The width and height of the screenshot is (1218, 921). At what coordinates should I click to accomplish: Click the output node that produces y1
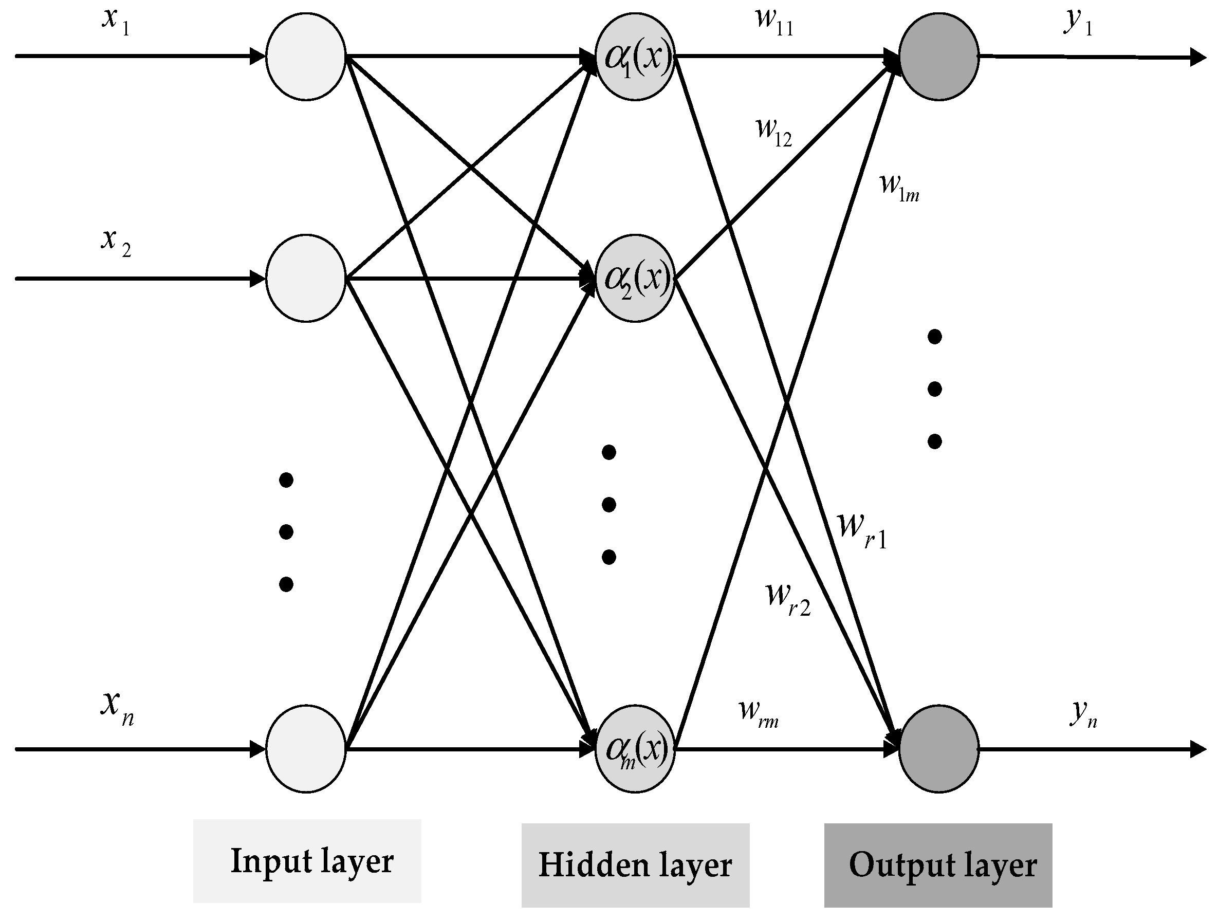[x=939, y=57]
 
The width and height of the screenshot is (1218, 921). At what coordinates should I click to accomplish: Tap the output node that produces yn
[x=939, y=749]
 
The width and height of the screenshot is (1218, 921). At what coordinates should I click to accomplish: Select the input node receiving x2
[x=306, y=279]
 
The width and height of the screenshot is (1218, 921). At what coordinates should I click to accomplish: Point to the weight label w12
[x=774, y=132]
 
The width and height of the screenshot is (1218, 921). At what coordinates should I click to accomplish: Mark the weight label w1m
[x=899, y=187]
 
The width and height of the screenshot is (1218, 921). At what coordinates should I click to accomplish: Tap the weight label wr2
[x=788, y=600]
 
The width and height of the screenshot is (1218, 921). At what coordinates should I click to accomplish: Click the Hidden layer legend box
[x=635, y=865]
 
